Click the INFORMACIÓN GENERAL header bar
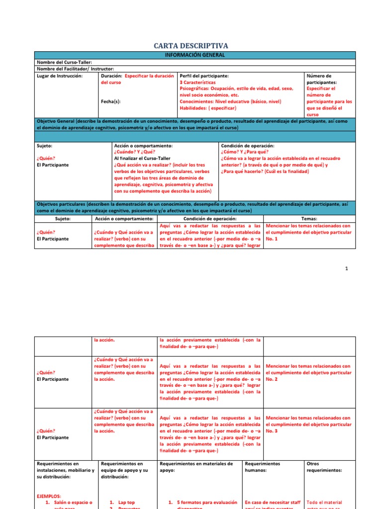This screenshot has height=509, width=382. (195, 55)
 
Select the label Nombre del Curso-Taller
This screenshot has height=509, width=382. (64, 62)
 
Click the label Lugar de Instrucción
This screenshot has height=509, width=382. (60, 76)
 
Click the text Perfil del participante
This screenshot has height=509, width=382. (204, 76)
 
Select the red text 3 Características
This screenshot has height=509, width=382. (197, 82)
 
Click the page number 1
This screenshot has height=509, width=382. (347, 269)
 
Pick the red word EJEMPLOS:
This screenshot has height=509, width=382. (49, 496)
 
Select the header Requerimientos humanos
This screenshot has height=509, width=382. (263, 467)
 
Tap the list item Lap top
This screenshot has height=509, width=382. (126, 503)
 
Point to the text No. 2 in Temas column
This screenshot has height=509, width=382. (272, 379)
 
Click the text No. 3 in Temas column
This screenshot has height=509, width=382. (272, 431)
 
